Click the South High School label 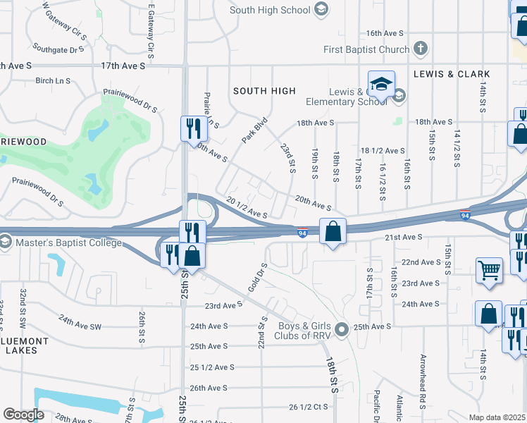click(270, 10)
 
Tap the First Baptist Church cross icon click(420, 49)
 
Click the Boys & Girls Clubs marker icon click(342, 329)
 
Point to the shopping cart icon click(489, 269)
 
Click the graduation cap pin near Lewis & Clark click(380, 85)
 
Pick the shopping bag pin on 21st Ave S click(333, 231)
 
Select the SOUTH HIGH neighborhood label click(264, 91)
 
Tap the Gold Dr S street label click(257, 278)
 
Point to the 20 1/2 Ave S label click(247, 207)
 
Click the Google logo click(23, 415)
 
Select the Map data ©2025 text click(497, 417)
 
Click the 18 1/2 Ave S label click(383, 151)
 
